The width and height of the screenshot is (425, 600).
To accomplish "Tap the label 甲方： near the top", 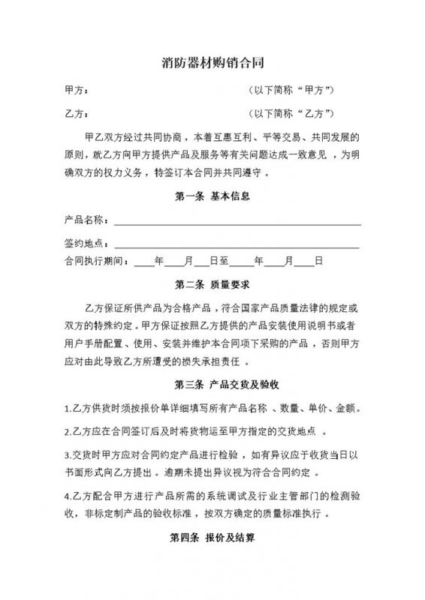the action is (77, 91).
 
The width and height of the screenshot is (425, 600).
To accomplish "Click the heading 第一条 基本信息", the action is (212, 197).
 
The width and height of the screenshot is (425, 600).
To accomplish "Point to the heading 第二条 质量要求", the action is (212, 285).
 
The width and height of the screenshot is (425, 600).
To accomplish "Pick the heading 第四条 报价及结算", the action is (212, 538).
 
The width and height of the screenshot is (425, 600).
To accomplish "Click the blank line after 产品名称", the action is (237, 222).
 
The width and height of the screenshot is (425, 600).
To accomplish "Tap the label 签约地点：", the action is (88, 244).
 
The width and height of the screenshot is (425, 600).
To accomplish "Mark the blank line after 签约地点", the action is (237, 245).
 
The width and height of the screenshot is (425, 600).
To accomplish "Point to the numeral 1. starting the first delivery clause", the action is (68, 409).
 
